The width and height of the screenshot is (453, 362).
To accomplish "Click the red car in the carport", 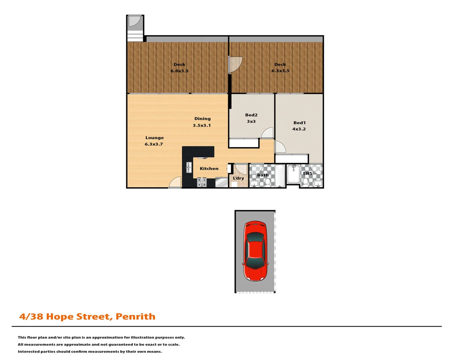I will (255, 251).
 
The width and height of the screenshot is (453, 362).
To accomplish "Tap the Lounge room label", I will (154, 138).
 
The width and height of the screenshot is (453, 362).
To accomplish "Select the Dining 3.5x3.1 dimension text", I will (202, 126).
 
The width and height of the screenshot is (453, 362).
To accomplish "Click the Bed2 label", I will (251, 115).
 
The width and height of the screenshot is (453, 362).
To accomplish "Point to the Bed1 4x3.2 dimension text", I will (299, 129).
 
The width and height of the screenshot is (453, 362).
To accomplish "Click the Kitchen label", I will (209, 169).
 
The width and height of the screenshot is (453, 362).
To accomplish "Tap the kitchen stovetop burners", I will (202, 182).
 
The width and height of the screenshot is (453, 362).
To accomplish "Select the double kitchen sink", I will (189, 167).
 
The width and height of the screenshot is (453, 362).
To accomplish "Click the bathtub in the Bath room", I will (280, 175).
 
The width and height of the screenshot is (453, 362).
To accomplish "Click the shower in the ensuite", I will (293, 174).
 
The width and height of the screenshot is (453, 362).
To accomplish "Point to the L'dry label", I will (238, 178).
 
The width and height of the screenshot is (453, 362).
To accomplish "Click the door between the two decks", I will (235, 65).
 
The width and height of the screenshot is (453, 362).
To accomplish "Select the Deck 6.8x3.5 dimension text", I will (179, 71).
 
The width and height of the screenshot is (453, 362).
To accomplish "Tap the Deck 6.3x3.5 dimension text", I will (280, 71).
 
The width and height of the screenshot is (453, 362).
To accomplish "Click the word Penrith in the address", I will (135, 316).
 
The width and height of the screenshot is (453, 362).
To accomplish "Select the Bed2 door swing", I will (268, 133).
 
